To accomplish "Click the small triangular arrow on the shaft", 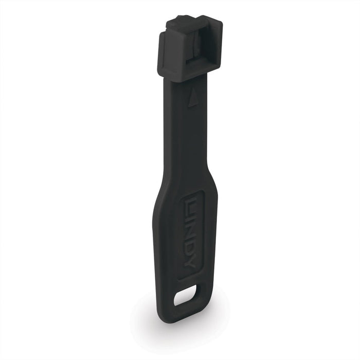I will coord(193,99).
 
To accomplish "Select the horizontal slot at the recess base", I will coord(193,60).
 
